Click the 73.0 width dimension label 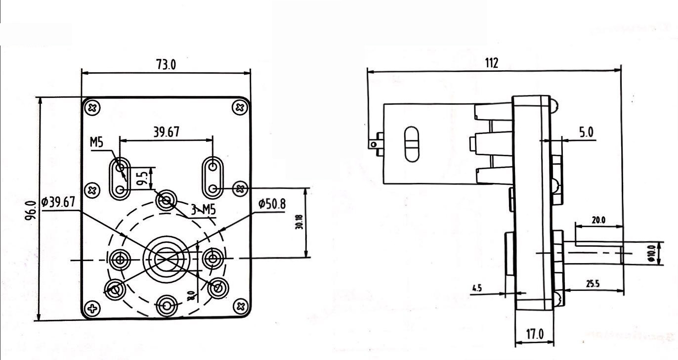click(166, 65)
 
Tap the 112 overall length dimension click(491, 63)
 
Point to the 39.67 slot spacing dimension click(166, 132)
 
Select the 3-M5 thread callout click(203, 210)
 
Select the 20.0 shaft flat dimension click(598, 220)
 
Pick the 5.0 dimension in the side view click(586, 133)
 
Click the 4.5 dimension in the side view click(477, 287)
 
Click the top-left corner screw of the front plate click(92, 107)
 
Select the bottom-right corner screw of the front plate click(241, 307)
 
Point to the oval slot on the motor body click(411, 144)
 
